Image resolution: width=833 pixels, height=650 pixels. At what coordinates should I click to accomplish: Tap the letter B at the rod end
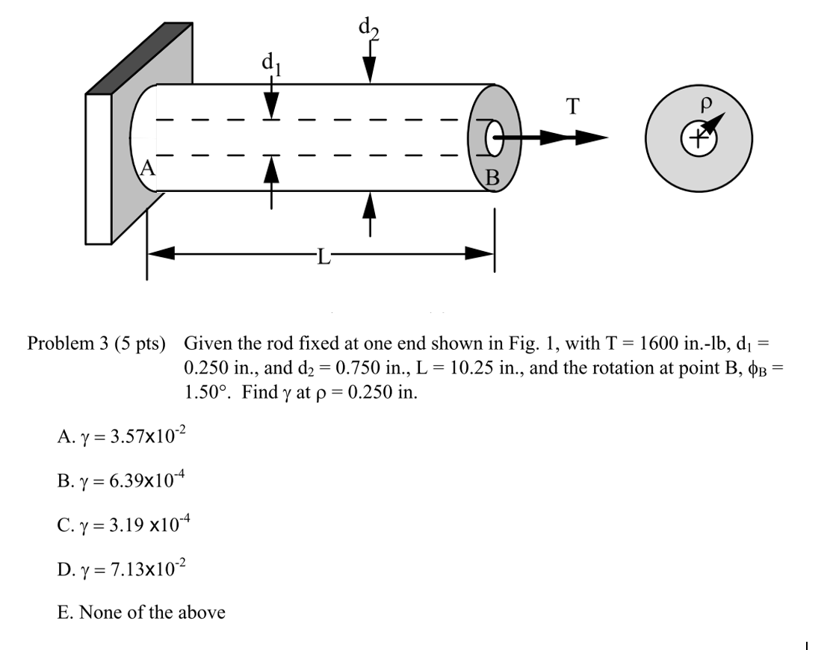tap(492, 177)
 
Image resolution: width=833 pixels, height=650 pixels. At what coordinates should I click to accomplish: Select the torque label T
tap(572, 108)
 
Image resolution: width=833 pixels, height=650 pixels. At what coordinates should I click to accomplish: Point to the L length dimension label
tap(322, 259)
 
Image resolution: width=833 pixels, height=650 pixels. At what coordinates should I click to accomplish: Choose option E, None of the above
tap(141, 613)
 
